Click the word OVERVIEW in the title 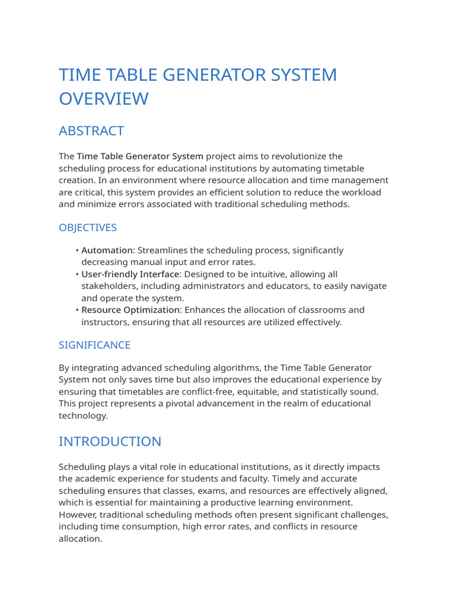pos(103,99)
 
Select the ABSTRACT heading pos(91,130)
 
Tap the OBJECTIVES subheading pos(88,228)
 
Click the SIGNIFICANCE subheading pos(94,345)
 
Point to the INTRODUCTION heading pos(110,442)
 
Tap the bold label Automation pos(107,250)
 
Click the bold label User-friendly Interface pos(131,274)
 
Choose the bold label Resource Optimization pos(130,310)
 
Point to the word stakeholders pos(108,286)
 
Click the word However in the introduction pos(77,515)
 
